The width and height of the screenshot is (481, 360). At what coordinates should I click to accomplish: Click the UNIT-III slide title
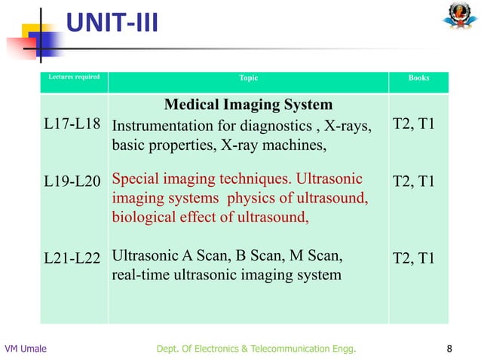coord(112,26)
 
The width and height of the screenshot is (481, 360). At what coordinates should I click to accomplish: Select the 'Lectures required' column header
coord(74,77)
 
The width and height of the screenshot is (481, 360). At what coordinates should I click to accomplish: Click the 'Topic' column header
coord(248,78)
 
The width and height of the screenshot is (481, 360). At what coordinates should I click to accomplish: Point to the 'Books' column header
coord(418,78)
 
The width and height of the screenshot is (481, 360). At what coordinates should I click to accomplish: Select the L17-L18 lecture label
coord(72,124)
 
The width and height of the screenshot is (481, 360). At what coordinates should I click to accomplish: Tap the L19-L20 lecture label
coord(72,181)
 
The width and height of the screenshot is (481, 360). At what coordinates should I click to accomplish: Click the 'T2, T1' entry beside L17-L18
coord(414,124)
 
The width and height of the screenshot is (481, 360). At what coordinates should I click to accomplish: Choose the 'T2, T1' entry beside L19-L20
coord(414,181)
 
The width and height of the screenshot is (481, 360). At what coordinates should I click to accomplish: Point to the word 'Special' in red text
coord(135,180)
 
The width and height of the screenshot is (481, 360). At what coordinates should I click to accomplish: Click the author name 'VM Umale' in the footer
coord(25,348)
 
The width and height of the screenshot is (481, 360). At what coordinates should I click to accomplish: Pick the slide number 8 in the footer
coord(450,348)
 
